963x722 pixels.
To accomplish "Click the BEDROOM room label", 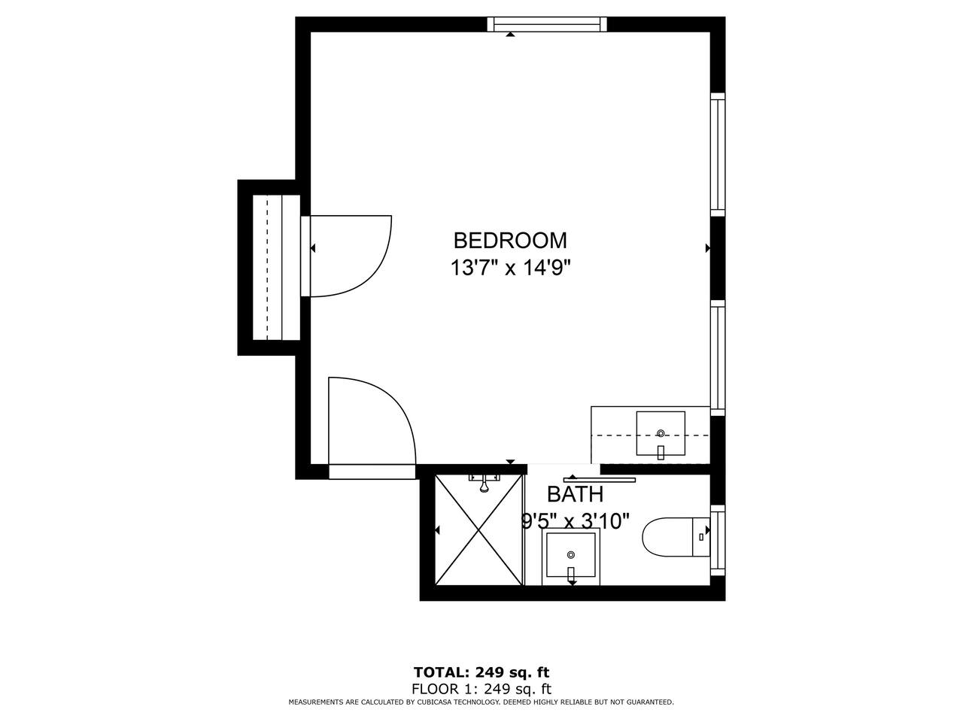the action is pos(510,240).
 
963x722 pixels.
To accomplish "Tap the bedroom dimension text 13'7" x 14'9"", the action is pos(510,268).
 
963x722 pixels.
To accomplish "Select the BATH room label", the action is pos(575,494).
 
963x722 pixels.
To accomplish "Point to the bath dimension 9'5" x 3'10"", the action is pos(575,521).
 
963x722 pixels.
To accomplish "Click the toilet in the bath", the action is pos(676,537).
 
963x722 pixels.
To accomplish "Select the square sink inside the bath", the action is pos(571,557).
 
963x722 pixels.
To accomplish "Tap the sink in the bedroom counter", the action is pos(661,433).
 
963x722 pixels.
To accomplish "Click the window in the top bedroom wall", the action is pos(547,24).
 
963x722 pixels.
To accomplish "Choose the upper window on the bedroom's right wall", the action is pos(717,154).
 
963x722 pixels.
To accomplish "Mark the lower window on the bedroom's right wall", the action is pos(717,358).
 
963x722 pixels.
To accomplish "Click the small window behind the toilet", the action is pos(717,540).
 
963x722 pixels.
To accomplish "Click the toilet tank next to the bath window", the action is pos(700,537).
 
